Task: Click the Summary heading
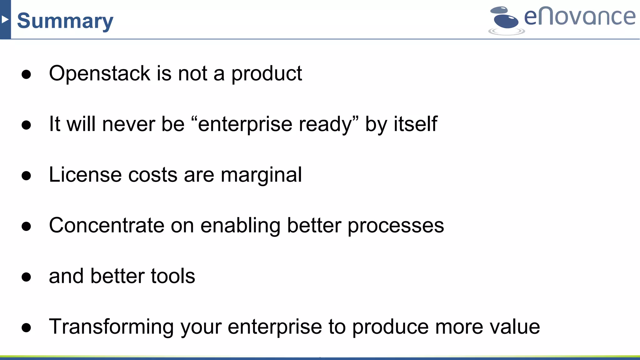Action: pos(65,21)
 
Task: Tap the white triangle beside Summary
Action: pos(4,20)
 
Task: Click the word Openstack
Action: pos(100,73)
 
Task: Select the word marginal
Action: pos(261,175)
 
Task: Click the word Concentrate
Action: pos(107,225)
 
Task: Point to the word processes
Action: pos(396,226)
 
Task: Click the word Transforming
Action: pos(111,327)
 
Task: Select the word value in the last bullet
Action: pos(515,327)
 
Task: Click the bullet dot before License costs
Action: pos(26,176)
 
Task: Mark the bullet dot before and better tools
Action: pos(26,277)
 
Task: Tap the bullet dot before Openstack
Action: pos(26,74)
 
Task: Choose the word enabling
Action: pos(240,226)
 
